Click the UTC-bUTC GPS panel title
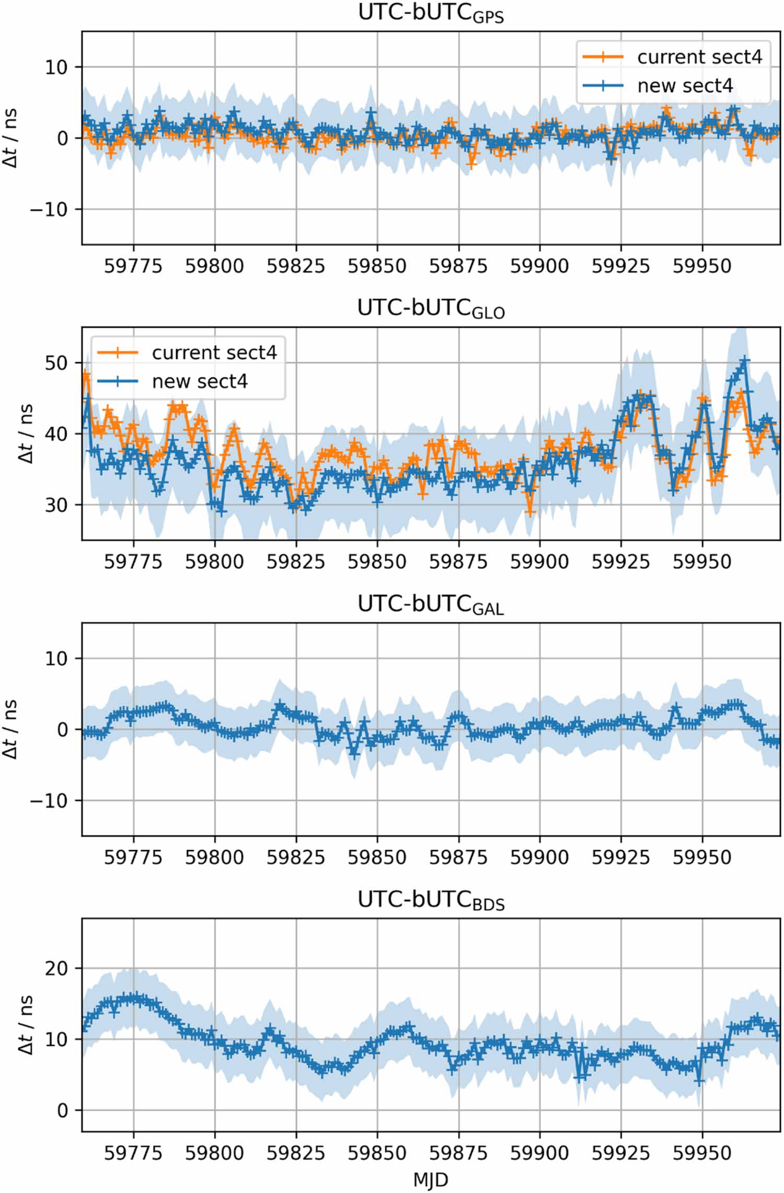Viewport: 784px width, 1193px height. (431, 14)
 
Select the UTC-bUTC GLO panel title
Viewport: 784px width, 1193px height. (431, 309)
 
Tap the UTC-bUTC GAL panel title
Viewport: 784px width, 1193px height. (431, 604)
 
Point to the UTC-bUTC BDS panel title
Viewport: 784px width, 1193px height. (431, 900)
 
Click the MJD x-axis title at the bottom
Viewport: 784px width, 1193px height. (431, 1180)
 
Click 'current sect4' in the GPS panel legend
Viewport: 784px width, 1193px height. (699, 57)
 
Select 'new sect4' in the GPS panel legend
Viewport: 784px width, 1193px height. (685, 86)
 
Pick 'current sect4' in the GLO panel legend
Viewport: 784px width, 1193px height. (214, 353)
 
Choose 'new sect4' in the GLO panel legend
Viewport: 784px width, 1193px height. (200, 382)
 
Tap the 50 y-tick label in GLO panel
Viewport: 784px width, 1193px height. (56, 363)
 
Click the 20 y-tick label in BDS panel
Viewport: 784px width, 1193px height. (56, 968)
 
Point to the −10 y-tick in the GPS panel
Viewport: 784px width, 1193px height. (49, 209)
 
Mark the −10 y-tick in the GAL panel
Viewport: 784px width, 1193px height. (49, 800)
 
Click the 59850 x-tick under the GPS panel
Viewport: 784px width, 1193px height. (377, 266)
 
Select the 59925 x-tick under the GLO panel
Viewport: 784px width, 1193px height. (621, 562)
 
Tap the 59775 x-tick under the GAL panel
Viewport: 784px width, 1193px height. (133, 857)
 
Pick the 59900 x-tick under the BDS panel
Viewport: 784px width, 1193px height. (539, 1153)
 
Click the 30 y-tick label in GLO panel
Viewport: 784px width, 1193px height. (56, 505)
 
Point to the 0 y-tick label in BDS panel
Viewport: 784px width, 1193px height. (63, 1110)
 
